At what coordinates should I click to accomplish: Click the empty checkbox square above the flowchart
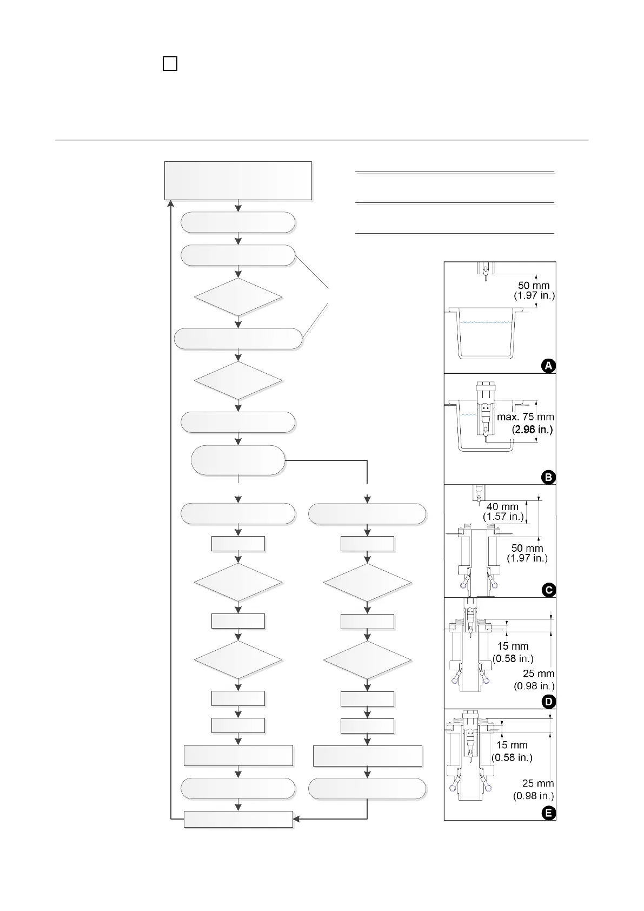(x=170, y=64)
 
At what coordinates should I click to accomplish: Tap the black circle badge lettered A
(x=548, y=366)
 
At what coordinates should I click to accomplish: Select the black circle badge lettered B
(x=548, y=477)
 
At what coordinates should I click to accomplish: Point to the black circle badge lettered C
(x=548, y=590)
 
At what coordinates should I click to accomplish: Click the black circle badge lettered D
(x=548, y=702)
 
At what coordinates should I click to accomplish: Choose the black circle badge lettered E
(x=548, y=813)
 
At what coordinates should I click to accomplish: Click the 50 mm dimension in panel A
(x=534, y=286)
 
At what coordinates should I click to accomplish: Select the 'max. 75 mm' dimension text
(x=525, y=417)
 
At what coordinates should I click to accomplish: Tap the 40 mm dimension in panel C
(x=502, y=507)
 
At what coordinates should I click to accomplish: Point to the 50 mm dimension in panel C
(x=527, y=549)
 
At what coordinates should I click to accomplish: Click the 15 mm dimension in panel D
(x=513, y=646)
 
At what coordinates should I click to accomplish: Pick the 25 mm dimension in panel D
(x=539, y=674)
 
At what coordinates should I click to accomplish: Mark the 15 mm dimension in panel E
(x=512, y=745)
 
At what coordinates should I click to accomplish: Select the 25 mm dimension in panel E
(x=538, y=783)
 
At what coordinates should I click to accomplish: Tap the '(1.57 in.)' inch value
(x=503, y=517)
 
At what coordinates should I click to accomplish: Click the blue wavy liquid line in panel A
(x=484, y=322)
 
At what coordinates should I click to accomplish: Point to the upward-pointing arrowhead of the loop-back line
(x=171, y=203)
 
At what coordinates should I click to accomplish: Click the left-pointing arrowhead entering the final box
(x=297, y=819)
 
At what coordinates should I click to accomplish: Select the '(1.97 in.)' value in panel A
(x=534, y=296)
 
